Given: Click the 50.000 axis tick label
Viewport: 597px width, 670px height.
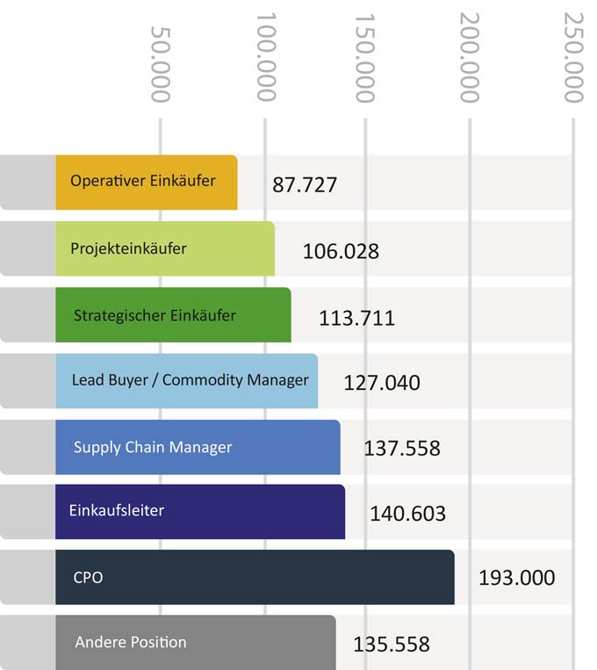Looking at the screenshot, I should coord(160,63).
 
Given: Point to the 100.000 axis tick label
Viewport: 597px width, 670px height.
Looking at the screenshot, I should coord(265,57).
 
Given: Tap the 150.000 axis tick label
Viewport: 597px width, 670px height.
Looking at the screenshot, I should coord(365,57).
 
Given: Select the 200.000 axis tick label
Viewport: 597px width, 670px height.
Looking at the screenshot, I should coord(470,57).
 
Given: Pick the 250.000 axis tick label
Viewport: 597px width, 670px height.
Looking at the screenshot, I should coord(573,57).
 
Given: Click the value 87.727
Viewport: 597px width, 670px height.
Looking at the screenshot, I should coord(305,185).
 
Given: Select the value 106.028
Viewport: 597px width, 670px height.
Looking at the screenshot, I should coord(341,251).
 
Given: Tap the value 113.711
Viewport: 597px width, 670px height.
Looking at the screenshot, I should coord(356,317).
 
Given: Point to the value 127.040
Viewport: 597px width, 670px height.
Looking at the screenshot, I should coord(382,383).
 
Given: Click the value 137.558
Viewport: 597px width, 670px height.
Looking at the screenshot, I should coord(402,449).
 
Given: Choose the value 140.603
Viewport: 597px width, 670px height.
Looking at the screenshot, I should coord(407,514).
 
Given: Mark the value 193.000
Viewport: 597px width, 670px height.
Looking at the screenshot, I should coord(516,578).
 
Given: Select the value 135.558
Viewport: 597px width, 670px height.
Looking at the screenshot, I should coord(392,645).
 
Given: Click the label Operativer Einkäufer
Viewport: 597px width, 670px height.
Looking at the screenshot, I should coord(143,181).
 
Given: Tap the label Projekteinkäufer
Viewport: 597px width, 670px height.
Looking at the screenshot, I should coord(128,249).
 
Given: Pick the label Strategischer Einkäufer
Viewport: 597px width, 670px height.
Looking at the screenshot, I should coord(155,315).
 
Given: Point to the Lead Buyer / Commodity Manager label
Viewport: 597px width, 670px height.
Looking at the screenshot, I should coord(190,380).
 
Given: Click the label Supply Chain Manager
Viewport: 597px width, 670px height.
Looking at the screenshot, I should coord(153,447).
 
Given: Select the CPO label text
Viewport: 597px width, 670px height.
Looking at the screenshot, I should coord(89,578).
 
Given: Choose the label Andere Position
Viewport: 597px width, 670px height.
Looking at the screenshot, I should coord(131,642).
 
